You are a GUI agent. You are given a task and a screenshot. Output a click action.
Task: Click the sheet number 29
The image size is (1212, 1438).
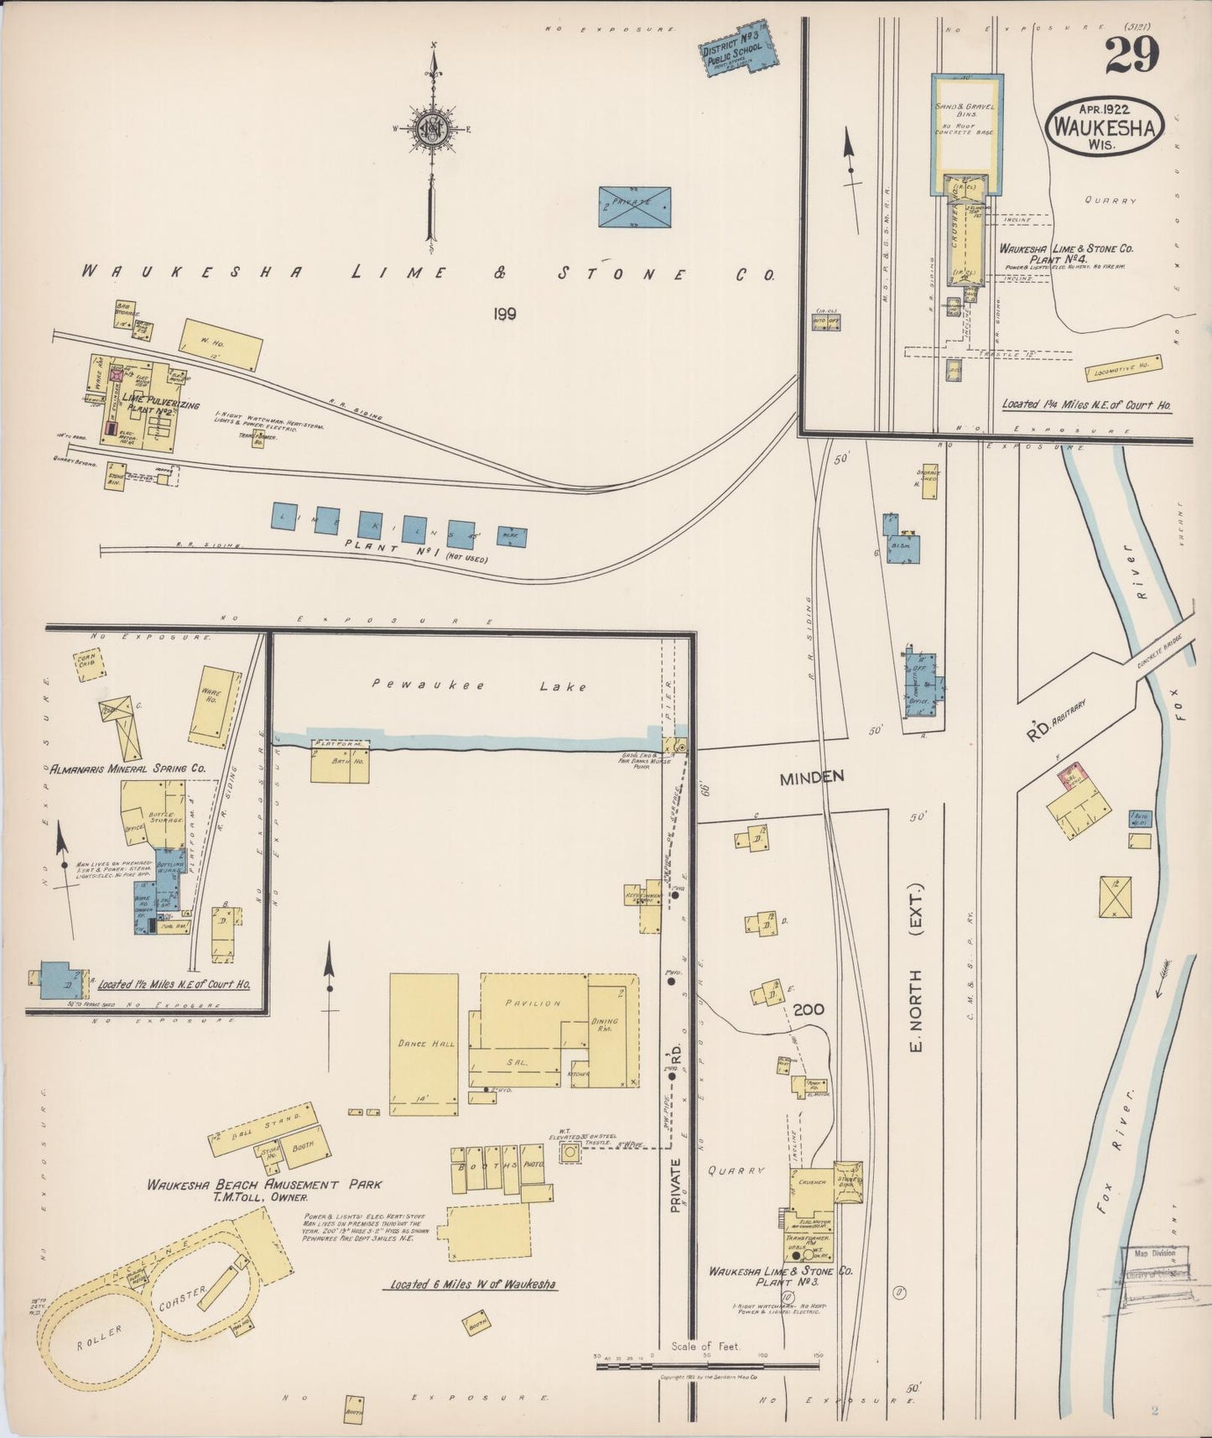point(1131,56)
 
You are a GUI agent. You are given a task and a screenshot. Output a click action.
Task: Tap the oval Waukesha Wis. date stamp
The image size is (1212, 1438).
point(1105,126)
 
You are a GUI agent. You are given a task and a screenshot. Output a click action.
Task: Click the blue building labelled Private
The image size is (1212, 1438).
point(635,206)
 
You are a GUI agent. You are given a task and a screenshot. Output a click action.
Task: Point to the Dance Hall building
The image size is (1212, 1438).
point(424,1044)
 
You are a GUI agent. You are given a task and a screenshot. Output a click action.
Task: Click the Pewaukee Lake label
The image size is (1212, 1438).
point(479,686)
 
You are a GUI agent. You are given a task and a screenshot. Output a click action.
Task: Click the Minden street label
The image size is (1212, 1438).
point(811,778)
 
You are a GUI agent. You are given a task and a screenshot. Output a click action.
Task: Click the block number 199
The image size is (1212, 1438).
point(504,314)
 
